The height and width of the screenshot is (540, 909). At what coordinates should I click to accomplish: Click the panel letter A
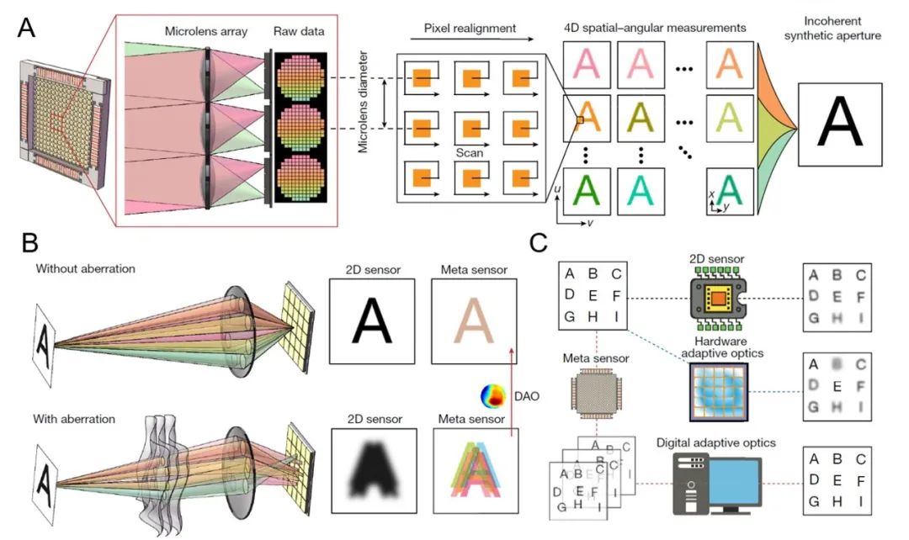(x=26, y=30)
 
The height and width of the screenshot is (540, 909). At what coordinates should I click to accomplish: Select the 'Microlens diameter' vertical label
(x=363, y=100)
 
